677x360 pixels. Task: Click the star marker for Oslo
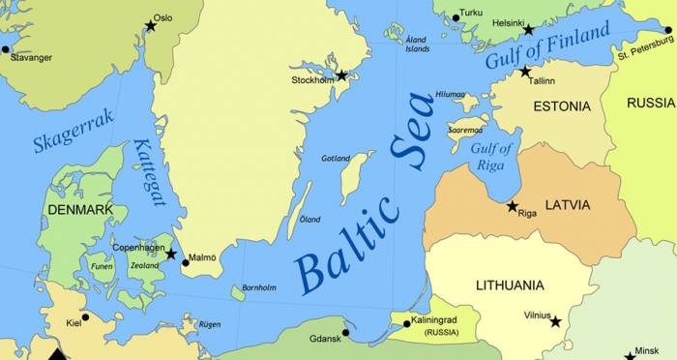tap(150, 26)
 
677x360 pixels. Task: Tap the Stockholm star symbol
tap(341, 75)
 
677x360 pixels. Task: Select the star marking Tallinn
tap(525, 72)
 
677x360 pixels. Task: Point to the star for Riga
tap(513, 205)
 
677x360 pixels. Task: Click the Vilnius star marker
tap(555, 321)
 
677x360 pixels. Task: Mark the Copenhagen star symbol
tap(170, 255)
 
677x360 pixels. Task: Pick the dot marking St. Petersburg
tap(668, 30)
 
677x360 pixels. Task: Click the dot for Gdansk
tap(345, 332)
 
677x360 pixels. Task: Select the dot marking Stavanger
tap(6, 48)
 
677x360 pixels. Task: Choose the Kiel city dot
tap(85, 316)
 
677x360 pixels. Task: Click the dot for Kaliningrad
tap(406, 323)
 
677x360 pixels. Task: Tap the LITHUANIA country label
tap(510, 285)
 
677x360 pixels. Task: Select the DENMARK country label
tap(80, 210)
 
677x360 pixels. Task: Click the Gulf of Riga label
tap(491, 156)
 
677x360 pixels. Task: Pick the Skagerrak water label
tap(74, 131)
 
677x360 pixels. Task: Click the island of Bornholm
tap(239, 292)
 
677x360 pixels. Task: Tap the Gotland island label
tap(336, 158)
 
